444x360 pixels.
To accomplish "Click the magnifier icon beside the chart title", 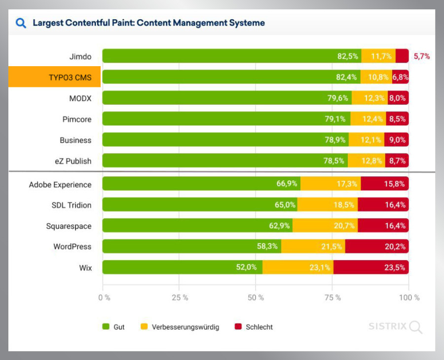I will coord(21,23).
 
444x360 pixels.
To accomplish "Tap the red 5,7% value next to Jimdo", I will coord(421,56).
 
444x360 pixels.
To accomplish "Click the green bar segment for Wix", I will coord(182,267).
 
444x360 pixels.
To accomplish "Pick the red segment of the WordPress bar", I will coord(376,246).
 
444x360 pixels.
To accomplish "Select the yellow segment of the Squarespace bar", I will coord(325,226).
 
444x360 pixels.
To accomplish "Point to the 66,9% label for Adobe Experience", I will coord(287,184).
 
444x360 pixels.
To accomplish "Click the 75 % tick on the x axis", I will coord(333,298).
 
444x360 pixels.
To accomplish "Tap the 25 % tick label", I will coord(179,298).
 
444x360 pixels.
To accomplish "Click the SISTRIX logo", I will coord(395,326).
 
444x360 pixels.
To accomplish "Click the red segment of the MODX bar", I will coord(398,98).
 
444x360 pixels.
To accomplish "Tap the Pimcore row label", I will coord(76,119).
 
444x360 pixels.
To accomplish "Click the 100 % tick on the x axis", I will coord(409,298).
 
